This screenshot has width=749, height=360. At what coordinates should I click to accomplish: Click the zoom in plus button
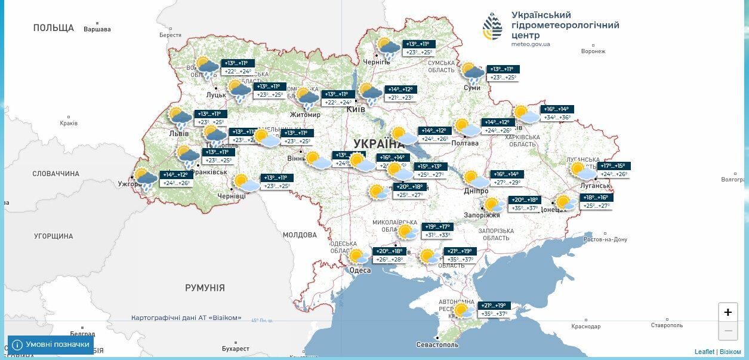[728, 312]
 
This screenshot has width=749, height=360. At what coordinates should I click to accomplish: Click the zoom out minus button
[728, 331]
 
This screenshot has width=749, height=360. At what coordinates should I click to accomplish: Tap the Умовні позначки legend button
[51, 344]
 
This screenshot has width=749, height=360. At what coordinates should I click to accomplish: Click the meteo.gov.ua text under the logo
[531, 44]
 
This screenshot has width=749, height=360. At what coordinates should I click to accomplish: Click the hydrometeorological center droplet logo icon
[493, 26]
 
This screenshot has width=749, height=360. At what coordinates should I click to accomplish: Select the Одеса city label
[360, 270]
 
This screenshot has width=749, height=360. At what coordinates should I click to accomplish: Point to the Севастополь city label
[437, 345]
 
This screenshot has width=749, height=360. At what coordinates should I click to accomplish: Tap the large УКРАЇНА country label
[379, 143]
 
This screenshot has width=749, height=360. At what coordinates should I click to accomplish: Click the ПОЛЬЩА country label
[54, 28]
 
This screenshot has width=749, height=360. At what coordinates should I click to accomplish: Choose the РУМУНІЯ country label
[205, 288]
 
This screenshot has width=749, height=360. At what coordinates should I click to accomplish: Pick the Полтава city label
[466, 143]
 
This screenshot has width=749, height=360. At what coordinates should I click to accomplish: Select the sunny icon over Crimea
[463, 310]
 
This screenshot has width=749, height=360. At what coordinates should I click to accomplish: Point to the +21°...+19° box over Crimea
[494, 306]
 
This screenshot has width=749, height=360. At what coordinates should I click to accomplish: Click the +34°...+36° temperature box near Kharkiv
[556, 118]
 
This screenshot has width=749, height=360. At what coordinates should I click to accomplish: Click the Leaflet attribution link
[704, 352]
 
